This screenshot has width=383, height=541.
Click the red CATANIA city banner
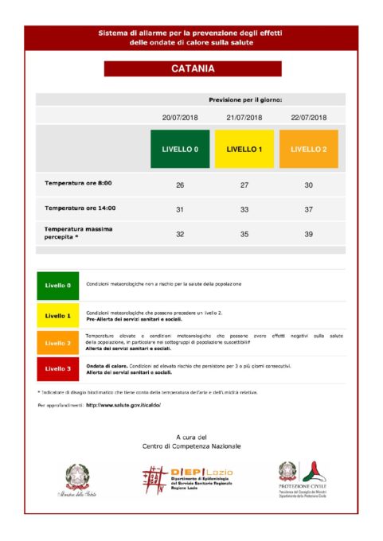[192, 69]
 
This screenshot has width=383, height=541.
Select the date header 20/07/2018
[180, 117]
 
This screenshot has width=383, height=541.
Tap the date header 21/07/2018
[244, 117]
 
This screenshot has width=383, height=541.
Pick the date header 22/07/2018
[309, 117]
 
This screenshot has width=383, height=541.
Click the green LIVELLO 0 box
[180, 149]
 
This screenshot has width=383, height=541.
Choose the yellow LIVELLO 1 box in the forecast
[244, 149]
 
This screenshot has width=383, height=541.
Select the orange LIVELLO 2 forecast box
[309, 149]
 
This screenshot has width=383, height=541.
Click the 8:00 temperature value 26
[180, 185]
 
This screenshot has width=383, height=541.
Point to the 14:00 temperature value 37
[309, 209]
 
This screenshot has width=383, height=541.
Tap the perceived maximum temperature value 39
[309, 235]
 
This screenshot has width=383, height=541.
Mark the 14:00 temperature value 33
[244, 209]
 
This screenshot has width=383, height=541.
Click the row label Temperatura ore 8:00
[78, 184]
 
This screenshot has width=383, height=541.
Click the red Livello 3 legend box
[58, 368]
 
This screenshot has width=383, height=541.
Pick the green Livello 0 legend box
[58, 284]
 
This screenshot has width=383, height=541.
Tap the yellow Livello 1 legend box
[58, 315]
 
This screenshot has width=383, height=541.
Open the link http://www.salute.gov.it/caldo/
[123, 405]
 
